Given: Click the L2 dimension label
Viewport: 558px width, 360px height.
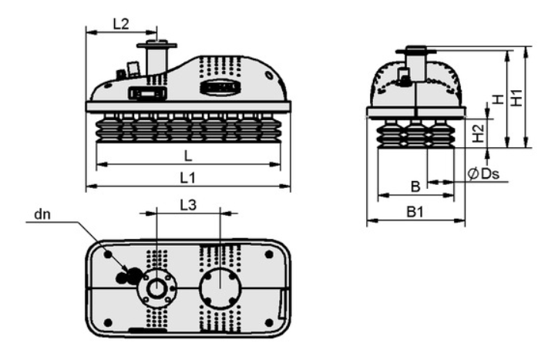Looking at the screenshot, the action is [x=121, y=24].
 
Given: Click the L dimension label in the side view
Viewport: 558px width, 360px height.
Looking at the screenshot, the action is [x=188, y=156].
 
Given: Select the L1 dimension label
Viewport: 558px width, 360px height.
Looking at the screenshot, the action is [x=187, y=177].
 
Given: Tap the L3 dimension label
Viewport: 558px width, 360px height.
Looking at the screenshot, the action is [x=188, y=205].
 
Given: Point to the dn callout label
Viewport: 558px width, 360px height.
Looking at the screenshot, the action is [x=42, y=214].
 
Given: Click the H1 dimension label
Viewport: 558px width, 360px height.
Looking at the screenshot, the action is [x=516, y=97].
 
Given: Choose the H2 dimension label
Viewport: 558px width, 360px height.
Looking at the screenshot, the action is [x=479, y=133].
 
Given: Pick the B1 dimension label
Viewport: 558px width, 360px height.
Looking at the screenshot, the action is [x=415, y=212].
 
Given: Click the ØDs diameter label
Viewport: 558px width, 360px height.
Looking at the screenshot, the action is [x=483, y=173].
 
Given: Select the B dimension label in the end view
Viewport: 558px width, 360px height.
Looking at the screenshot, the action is [x=415, y=187].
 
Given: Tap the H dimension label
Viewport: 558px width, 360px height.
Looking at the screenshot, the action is [x=499, y=99].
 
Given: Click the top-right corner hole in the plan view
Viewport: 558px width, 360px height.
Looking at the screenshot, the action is [x=269, y=254].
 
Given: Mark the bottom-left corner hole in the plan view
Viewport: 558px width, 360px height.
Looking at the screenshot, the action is [x=108, y=322].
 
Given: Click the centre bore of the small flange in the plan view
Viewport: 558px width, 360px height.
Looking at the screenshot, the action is [x=156, y=288].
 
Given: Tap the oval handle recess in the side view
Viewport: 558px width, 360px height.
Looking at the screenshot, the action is [x=220, y=87].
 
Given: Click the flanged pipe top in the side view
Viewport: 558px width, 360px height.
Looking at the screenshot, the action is [x=157, y=45].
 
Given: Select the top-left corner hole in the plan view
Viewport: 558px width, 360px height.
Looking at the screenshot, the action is [x=108, y=254].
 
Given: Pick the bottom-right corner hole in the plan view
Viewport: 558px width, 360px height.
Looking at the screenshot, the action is [x=269, y=322].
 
